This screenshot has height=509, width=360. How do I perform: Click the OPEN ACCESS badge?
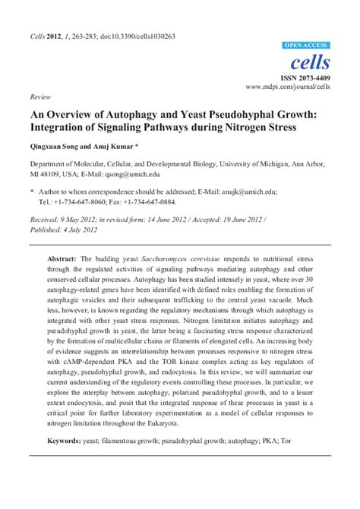tap(305, 45)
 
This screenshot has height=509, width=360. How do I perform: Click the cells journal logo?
tap(312, 61)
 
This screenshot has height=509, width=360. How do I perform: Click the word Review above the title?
tap(39, 98)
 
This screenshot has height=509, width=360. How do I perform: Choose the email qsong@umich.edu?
tap(118, 174)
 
